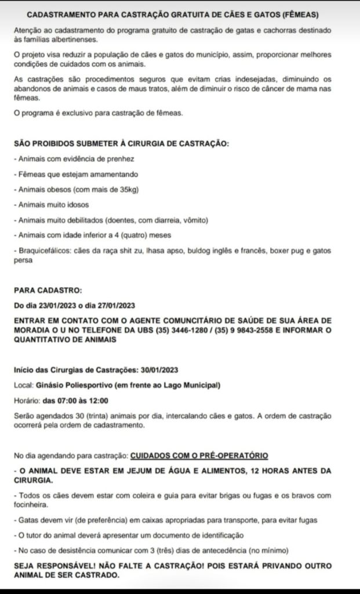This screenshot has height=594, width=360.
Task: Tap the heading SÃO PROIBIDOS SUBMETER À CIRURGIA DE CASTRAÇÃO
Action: (121, 143)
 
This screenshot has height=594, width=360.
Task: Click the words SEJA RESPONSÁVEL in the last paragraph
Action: (49, 564)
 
